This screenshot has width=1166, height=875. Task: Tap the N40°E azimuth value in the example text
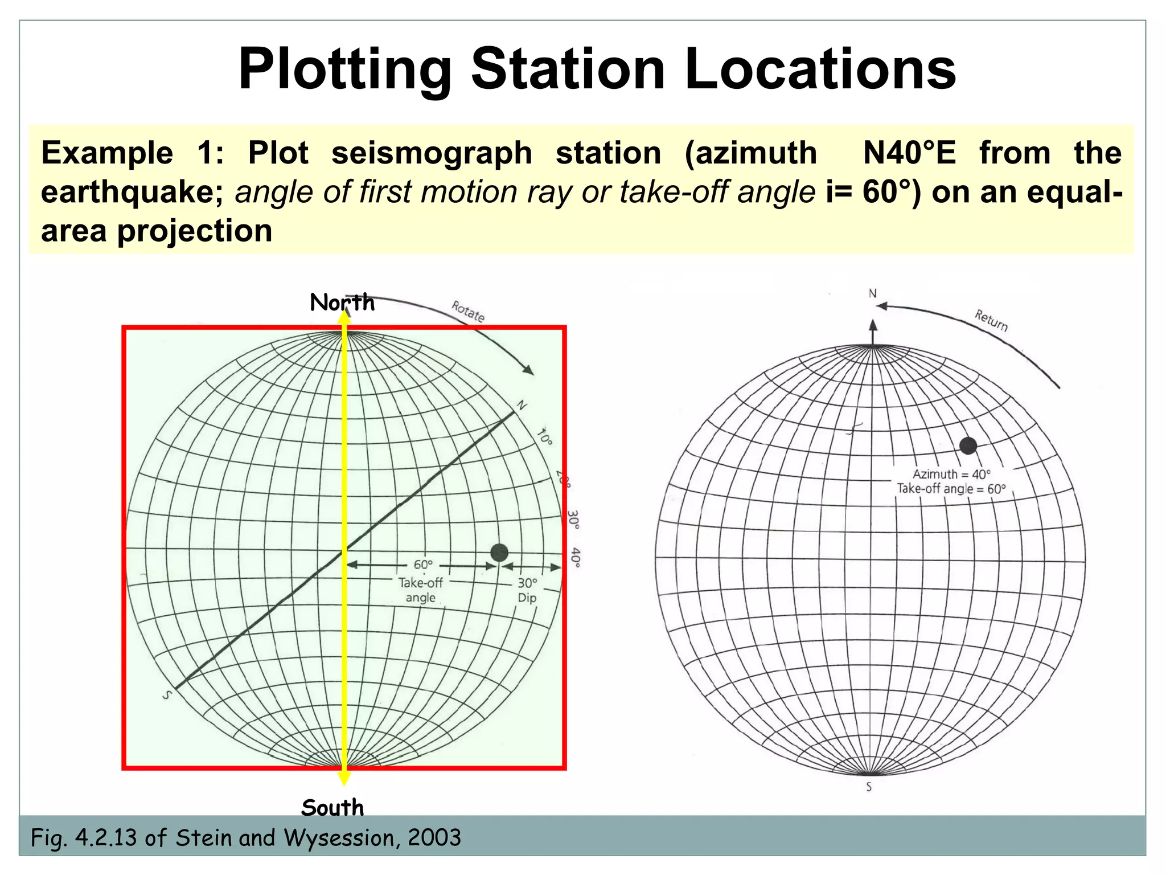pyautogui.click(x=909, y=153)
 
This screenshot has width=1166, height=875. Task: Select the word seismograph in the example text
pyautogui.click(x=432, y=153)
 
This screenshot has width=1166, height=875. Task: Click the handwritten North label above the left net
pyautogui.click(x=342, y=302)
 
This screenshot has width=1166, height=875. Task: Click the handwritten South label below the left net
pyautogui.click(x=332, y=808)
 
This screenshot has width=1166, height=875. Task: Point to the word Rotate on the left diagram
pyautogui.click(x=468, y=312)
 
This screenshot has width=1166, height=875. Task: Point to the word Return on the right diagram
pyautogui.click(x=991, y=320)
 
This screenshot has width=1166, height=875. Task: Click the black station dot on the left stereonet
pyautogui.click(x=499, y=552)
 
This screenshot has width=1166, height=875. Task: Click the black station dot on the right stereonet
pyautogui.click(x=968, y=445)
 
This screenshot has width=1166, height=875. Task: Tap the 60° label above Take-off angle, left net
pyautogui.click(x=423, y=565)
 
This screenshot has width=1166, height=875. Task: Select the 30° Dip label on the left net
pyautogui.click(x=527, y=590)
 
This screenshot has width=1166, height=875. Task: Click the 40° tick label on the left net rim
pyautogui.click(x=576, y=558)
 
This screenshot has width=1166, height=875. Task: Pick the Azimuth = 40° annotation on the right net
pyautogui.click(x=951, y=474)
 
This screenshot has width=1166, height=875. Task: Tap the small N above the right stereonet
pyautogui.click(x=872, y=293)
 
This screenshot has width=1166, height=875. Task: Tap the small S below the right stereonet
pyautogui.click(x=869, y=787)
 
